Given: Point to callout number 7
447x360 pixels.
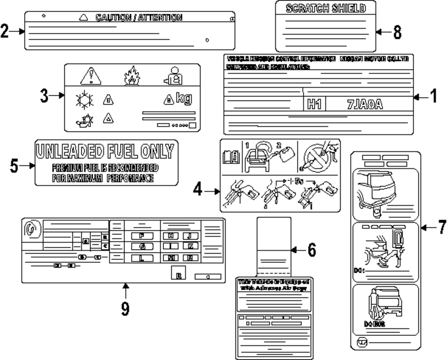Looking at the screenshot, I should (x=441, y=227).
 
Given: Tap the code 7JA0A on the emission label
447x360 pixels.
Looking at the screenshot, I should (x=365, y=105).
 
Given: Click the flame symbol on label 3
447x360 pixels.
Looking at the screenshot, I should (x=131, y=77).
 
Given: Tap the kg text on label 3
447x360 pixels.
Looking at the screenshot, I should (x=184, y=98).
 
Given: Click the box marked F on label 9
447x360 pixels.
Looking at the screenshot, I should (x=142, y=235).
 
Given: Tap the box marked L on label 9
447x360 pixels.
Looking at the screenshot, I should (x=142, y=257).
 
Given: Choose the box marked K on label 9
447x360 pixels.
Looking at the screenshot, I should (x=190, y=246).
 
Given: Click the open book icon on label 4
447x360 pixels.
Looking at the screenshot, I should (x=231, y=157).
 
